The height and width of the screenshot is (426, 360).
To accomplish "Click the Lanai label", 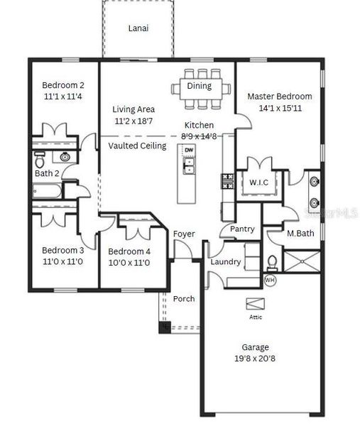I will point(138,29).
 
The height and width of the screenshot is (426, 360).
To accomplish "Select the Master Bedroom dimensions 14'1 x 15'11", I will point(279,109).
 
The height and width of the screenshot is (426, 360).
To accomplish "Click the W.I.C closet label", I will point(258,182).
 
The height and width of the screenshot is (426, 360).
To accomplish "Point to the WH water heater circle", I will point(269,280).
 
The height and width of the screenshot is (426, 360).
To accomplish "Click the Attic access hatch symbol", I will point(255,304).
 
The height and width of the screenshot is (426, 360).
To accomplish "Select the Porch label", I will point(184,299).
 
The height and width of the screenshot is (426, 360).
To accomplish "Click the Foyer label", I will point(184,234).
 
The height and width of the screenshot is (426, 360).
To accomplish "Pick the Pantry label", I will point(242,229).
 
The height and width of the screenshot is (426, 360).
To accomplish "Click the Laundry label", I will point(226,262).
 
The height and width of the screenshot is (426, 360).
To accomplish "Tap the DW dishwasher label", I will point(189,151).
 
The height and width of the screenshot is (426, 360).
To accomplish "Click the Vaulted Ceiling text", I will point(137,146).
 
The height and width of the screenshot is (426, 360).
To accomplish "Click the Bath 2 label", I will point(46,173).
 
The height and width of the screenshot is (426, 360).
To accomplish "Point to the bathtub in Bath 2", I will point(47,190).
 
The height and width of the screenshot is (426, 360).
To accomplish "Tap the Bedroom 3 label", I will point(62,250).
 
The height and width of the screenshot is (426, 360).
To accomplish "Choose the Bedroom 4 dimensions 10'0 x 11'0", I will point(129,263).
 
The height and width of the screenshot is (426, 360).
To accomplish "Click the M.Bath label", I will point(301,234).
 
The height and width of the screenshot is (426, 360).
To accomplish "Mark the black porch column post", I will point(165,327).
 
